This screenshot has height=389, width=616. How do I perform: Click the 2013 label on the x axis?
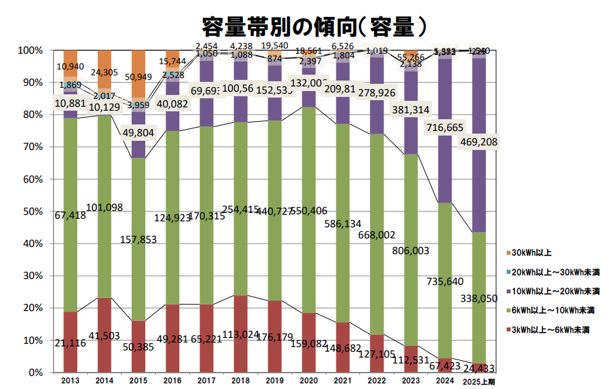71,380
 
